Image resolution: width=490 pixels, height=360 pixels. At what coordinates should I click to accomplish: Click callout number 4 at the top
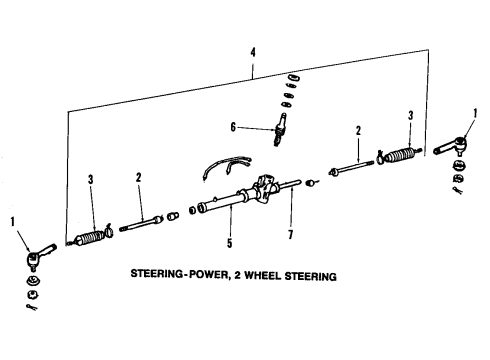[253, 53]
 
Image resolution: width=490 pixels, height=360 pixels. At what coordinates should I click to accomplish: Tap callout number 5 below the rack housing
[229, 243]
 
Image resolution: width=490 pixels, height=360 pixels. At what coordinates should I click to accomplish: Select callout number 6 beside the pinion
[233, 127]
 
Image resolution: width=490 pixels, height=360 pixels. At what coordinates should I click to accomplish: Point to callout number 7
[291, 234]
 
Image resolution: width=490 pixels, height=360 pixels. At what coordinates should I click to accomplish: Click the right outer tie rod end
[452, 146]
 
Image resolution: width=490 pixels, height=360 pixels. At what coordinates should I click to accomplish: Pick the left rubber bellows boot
[89, 238]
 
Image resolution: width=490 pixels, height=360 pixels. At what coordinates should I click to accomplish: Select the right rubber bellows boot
[400, 155]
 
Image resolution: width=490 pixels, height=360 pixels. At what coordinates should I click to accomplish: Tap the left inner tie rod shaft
[141, 224]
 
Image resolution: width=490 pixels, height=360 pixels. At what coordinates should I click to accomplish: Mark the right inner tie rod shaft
[351, 167]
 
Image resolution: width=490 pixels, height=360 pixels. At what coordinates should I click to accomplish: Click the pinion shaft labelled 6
[279, 129]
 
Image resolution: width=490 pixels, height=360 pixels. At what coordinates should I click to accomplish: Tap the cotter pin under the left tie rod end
[32, 307]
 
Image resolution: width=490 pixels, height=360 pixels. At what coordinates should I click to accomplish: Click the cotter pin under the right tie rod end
[458, 191]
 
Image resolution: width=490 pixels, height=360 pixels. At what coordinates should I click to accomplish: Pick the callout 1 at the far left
[13, 222]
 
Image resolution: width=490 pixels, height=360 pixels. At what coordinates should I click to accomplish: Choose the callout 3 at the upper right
[411, 116]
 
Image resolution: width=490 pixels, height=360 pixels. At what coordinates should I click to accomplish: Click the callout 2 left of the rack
[138, 178]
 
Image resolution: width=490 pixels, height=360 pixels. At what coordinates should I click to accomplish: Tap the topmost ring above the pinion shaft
[293, 78]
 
